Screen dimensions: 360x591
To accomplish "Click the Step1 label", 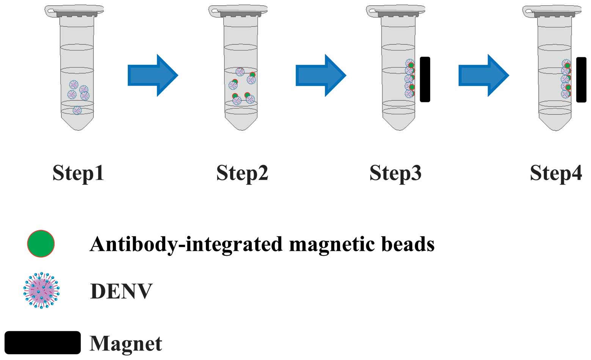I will point(78,173).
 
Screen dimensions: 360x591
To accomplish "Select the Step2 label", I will point(242,173).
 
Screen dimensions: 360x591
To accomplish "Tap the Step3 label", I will point(395,173).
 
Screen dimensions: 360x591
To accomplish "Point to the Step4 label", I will point(556,173).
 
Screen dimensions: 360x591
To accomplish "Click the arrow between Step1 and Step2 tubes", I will point(152,75).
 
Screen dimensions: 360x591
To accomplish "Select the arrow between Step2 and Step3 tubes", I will point(320,75).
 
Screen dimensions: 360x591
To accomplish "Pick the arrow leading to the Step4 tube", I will point(483,75).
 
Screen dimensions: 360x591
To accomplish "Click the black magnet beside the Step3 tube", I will point(425,79).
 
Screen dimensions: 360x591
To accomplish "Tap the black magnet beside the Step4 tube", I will point(581,79).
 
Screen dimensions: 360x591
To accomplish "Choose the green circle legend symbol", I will point(41,244).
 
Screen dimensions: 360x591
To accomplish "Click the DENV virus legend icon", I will point(41,290).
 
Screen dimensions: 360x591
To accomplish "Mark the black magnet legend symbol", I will point(42,343).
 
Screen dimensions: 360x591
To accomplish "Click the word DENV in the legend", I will point(121,291).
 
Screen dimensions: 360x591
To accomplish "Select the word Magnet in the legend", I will point(126,343).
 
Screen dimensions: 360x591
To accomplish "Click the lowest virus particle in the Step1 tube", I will point(77,110).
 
